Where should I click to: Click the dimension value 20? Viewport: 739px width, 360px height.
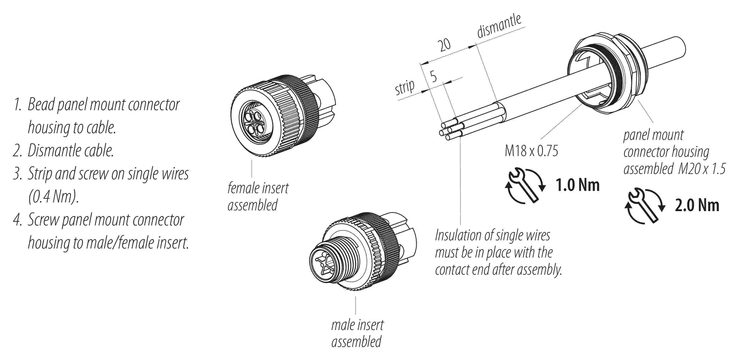444,45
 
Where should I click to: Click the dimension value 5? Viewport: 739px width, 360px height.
433,76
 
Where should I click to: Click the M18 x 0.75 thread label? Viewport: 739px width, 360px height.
531,151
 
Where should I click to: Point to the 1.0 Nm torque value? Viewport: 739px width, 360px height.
578,185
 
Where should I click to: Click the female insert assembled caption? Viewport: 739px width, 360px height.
258,197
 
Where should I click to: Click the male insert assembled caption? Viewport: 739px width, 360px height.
357,333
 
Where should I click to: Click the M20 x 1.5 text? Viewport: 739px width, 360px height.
702,169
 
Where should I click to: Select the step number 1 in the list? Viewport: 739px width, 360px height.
17,105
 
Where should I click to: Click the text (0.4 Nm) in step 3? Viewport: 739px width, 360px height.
53,197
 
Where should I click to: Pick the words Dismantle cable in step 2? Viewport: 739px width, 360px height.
70,151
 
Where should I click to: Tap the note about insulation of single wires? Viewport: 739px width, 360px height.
498,252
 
